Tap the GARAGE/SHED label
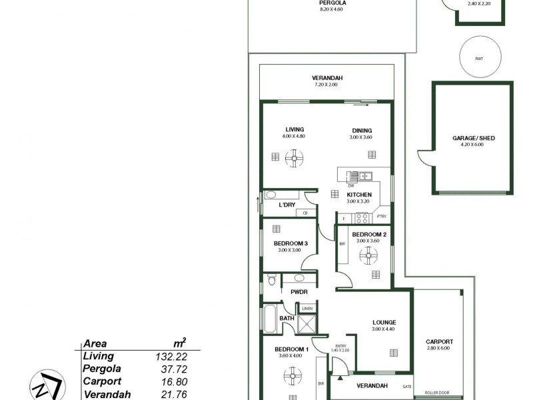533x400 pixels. point(474,139)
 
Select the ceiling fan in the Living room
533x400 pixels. point(294,157)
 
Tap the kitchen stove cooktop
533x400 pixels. point(362,217)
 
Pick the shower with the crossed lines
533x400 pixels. point(307,323)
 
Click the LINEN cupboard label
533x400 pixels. point(307,309)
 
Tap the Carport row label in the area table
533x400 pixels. point(102,381)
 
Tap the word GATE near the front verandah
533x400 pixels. point(406,387)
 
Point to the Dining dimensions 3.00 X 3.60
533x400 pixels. point(360,137)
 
